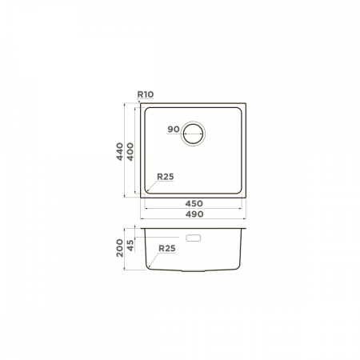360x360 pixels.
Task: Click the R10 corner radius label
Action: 146,94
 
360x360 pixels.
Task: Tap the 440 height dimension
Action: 120,151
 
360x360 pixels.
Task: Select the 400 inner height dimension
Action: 130,151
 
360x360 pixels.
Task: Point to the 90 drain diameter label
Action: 174,130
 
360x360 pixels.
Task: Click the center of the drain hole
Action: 193,134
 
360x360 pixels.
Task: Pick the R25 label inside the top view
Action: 166,177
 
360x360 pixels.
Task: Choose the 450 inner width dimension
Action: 194,204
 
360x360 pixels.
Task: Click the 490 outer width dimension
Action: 194,214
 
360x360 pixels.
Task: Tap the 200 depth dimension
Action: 120,248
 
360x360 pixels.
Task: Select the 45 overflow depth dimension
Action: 130,246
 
